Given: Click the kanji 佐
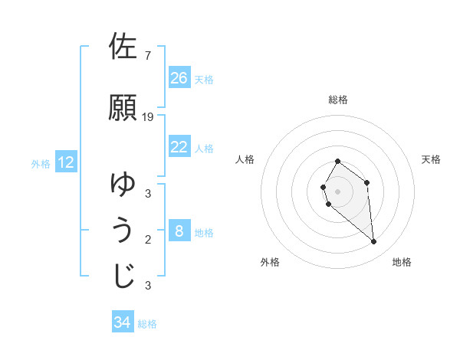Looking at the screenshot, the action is [123, 47].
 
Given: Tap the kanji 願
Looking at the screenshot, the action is [123, 107].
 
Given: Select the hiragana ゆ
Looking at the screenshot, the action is [123, 184].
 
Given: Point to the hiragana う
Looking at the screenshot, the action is [123, 231].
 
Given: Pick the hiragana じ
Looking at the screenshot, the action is [123, 277].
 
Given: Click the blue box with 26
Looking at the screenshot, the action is [179, 78].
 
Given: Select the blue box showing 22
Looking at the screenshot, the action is [179, 147].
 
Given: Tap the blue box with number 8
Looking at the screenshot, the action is [179, 231].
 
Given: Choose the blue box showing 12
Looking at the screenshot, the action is [66, 162].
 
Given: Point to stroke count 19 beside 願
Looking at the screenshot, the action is [148, 116].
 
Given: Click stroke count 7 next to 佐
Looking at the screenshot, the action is [147, 55].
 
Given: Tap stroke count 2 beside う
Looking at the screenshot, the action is [147, 240].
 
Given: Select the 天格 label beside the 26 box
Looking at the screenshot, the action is [204, 79].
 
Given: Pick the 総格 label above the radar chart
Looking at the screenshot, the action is [338, 100].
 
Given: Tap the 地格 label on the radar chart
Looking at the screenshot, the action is [402, 262].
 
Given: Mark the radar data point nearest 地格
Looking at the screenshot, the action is [374, 242].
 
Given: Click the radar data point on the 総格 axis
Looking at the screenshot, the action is [338, 162].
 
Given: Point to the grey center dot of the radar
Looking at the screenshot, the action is [338, 191].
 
